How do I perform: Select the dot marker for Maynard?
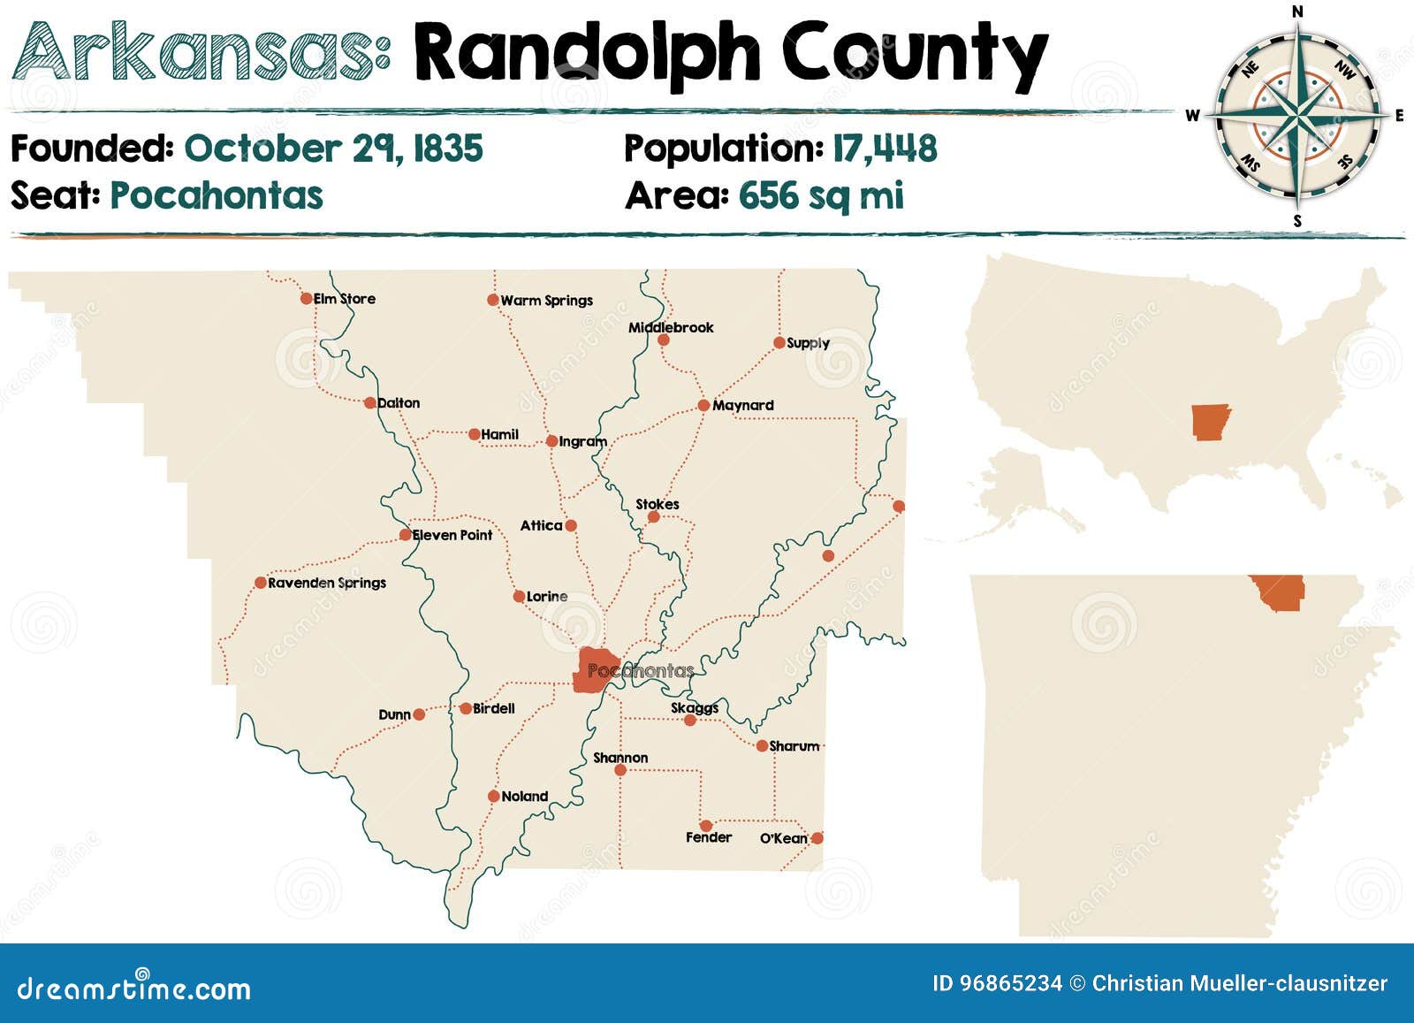click(x=703, y=406)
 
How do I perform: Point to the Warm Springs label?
click(x=546, y=301)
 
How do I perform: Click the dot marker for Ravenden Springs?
click(x=261, y=583)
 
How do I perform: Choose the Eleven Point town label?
click(x=452, y=535)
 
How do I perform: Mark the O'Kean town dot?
click(x=817, y=837)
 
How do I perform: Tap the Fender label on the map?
click(x=708, y=837)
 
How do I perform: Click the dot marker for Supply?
click(x=779, y=343)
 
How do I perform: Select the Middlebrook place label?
click(x=671, y=328)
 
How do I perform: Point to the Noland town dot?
click(x=494, y=797)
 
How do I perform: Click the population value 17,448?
click(x=885, y=149)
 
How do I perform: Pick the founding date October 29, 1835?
click(x=333, y=149)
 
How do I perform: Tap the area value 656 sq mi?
click(x=821, y=195)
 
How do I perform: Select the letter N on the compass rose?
click(x=1297, y=11)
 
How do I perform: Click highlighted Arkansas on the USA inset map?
click(x=1210, y=422)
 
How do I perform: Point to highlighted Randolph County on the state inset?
click(x=1279, y=592)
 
